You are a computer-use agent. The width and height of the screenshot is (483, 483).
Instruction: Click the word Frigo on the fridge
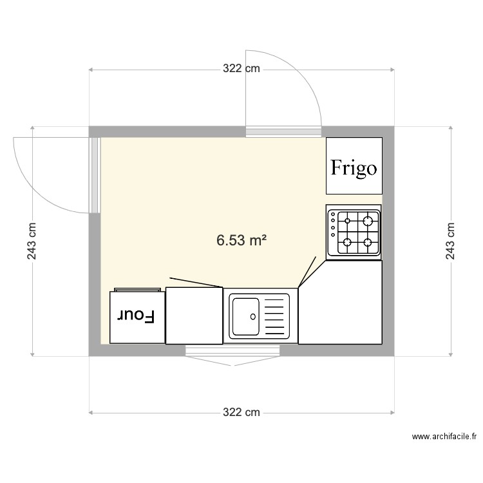pyautogui.click(x=354, y=168)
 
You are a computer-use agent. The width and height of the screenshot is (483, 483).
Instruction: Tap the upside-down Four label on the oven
pyautogui.click(x=135, y=316)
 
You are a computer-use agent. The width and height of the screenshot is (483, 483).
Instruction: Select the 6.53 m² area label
pyautogui.click(x=241, y=240)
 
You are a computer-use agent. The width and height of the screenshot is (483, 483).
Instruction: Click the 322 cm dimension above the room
pyautogui.click(x=241, y=68)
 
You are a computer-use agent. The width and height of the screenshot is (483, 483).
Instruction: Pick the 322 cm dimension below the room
pyautogui.click(x=241, y=412)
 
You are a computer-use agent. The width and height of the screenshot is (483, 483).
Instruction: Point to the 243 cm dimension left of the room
pyautogui.click(x=32, y=241)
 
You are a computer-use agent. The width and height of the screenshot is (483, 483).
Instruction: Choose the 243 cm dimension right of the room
pyautogui.click(x=450, y=241)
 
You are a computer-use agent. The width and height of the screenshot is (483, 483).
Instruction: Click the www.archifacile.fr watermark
pyautogui.click(x=444, y=436)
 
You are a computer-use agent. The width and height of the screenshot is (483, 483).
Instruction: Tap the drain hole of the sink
pyautogui.click(x=253, y=316)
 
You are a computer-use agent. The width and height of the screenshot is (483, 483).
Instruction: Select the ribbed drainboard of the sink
pyautogui.click(x=274, y=316)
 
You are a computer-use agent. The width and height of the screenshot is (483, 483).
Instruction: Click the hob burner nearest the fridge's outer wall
pyautogui.click(x=368, y=221)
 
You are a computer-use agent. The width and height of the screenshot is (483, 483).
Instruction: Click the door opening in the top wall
pyautogui.click(x=283, y=131)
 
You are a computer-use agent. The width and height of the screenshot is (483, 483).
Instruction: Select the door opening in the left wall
pyautogui.click(x=95, y=175)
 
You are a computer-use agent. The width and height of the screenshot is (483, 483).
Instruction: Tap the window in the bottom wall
pyautogui.click(x=233, y=350)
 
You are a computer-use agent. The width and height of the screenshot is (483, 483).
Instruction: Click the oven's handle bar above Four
pyautogui.click(x=137, y=290)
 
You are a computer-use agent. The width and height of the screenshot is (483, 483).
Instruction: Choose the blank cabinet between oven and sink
pyautogui.click(x=194, y=316)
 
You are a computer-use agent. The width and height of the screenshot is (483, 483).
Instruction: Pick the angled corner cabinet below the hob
pyautogui.click(x=340, y=302)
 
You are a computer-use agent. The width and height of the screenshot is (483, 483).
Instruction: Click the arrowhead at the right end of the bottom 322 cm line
pyautogui.click(x=392, y=412)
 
